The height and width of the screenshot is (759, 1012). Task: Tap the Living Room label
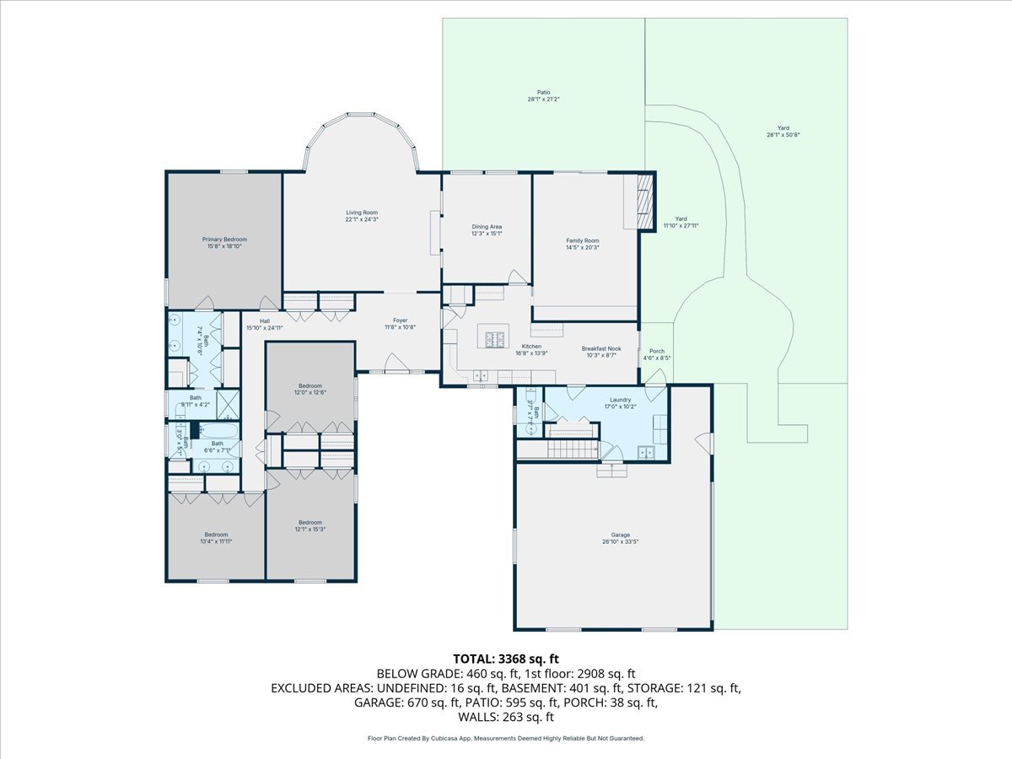coord(361,213)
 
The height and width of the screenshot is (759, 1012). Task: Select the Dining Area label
coord(487,227)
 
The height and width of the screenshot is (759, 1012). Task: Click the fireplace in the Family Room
coord(644,201)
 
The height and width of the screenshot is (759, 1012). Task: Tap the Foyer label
coord(401,320)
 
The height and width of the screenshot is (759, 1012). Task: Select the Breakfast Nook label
coord(600,348)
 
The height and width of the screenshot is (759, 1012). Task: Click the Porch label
coord(656,351)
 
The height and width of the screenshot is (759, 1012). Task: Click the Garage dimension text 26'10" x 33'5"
coord(621,541)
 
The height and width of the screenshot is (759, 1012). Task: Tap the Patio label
coord(544,93)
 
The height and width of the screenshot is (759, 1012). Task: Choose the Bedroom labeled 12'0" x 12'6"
coord(310,386)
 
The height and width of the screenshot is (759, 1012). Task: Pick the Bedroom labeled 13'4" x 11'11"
coord(216,534)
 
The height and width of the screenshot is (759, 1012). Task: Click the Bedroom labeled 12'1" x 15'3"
coord(310,523)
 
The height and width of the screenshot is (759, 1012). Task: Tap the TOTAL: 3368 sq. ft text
coord(506,658)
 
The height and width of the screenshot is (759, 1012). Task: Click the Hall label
coord(264,321)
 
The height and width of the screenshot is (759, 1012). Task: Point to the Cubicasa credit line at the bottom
coord(506,738)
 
